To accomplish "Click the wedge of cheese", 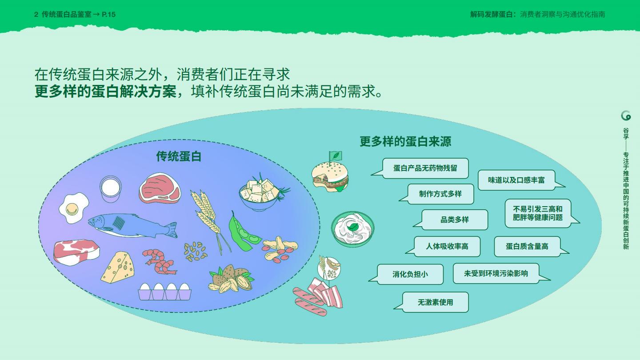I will pyautogui.click(x=117, y=268).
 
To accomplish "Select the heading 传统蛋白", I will pyautogui.click(x=179, y=156).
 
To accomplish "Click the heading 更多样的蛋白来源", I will pyautogui.click(x=405, y=141).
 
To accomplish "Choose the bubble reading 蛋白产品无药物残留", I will pyautogui.click(x=425, y=168).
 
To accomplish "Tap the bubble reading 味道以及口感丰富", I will pyautogui.click(x=516, y=180).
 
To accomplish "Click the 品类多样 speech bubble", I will pyautogui.click(x=454, y=220).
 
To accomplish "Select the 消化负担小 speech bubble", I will pyautogui.click(x=410, y=274).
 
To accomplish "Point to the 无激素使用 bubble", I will pyautogui.click(x=435, y=302).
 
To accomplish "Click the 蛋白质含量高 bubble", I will pyautogui.click(x=527, y=246).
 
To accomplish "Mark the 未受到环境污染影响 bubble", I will pyautogui.click(x=496, y=273).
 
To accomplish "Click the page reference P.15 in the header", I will pyautogui.click(x=108, y=14).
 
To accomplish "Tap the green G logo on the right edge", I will pyautogui.click(x=626, y=116).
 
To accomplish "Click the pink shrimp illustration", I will pyautogui.click(x=159, y=261).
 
